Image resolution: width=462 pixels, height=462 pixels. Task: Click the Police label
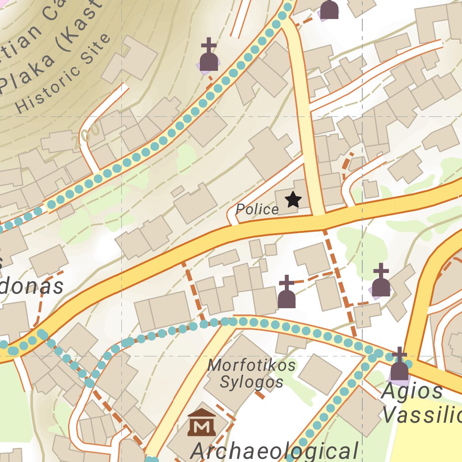257,209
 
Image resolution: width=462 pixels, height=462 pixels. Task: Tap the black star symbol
293,199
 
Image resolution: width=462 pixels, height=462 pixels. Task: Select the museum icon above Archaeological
201,422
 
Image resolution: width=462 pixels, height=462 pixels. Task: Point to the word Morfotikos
251,365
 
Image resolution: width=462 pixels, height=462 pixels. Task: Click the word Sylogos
251,382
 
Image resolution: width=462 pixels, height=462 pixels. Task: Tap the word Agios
412,391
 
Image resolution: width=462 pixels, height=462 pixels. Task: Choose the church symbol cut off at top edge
329,9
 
